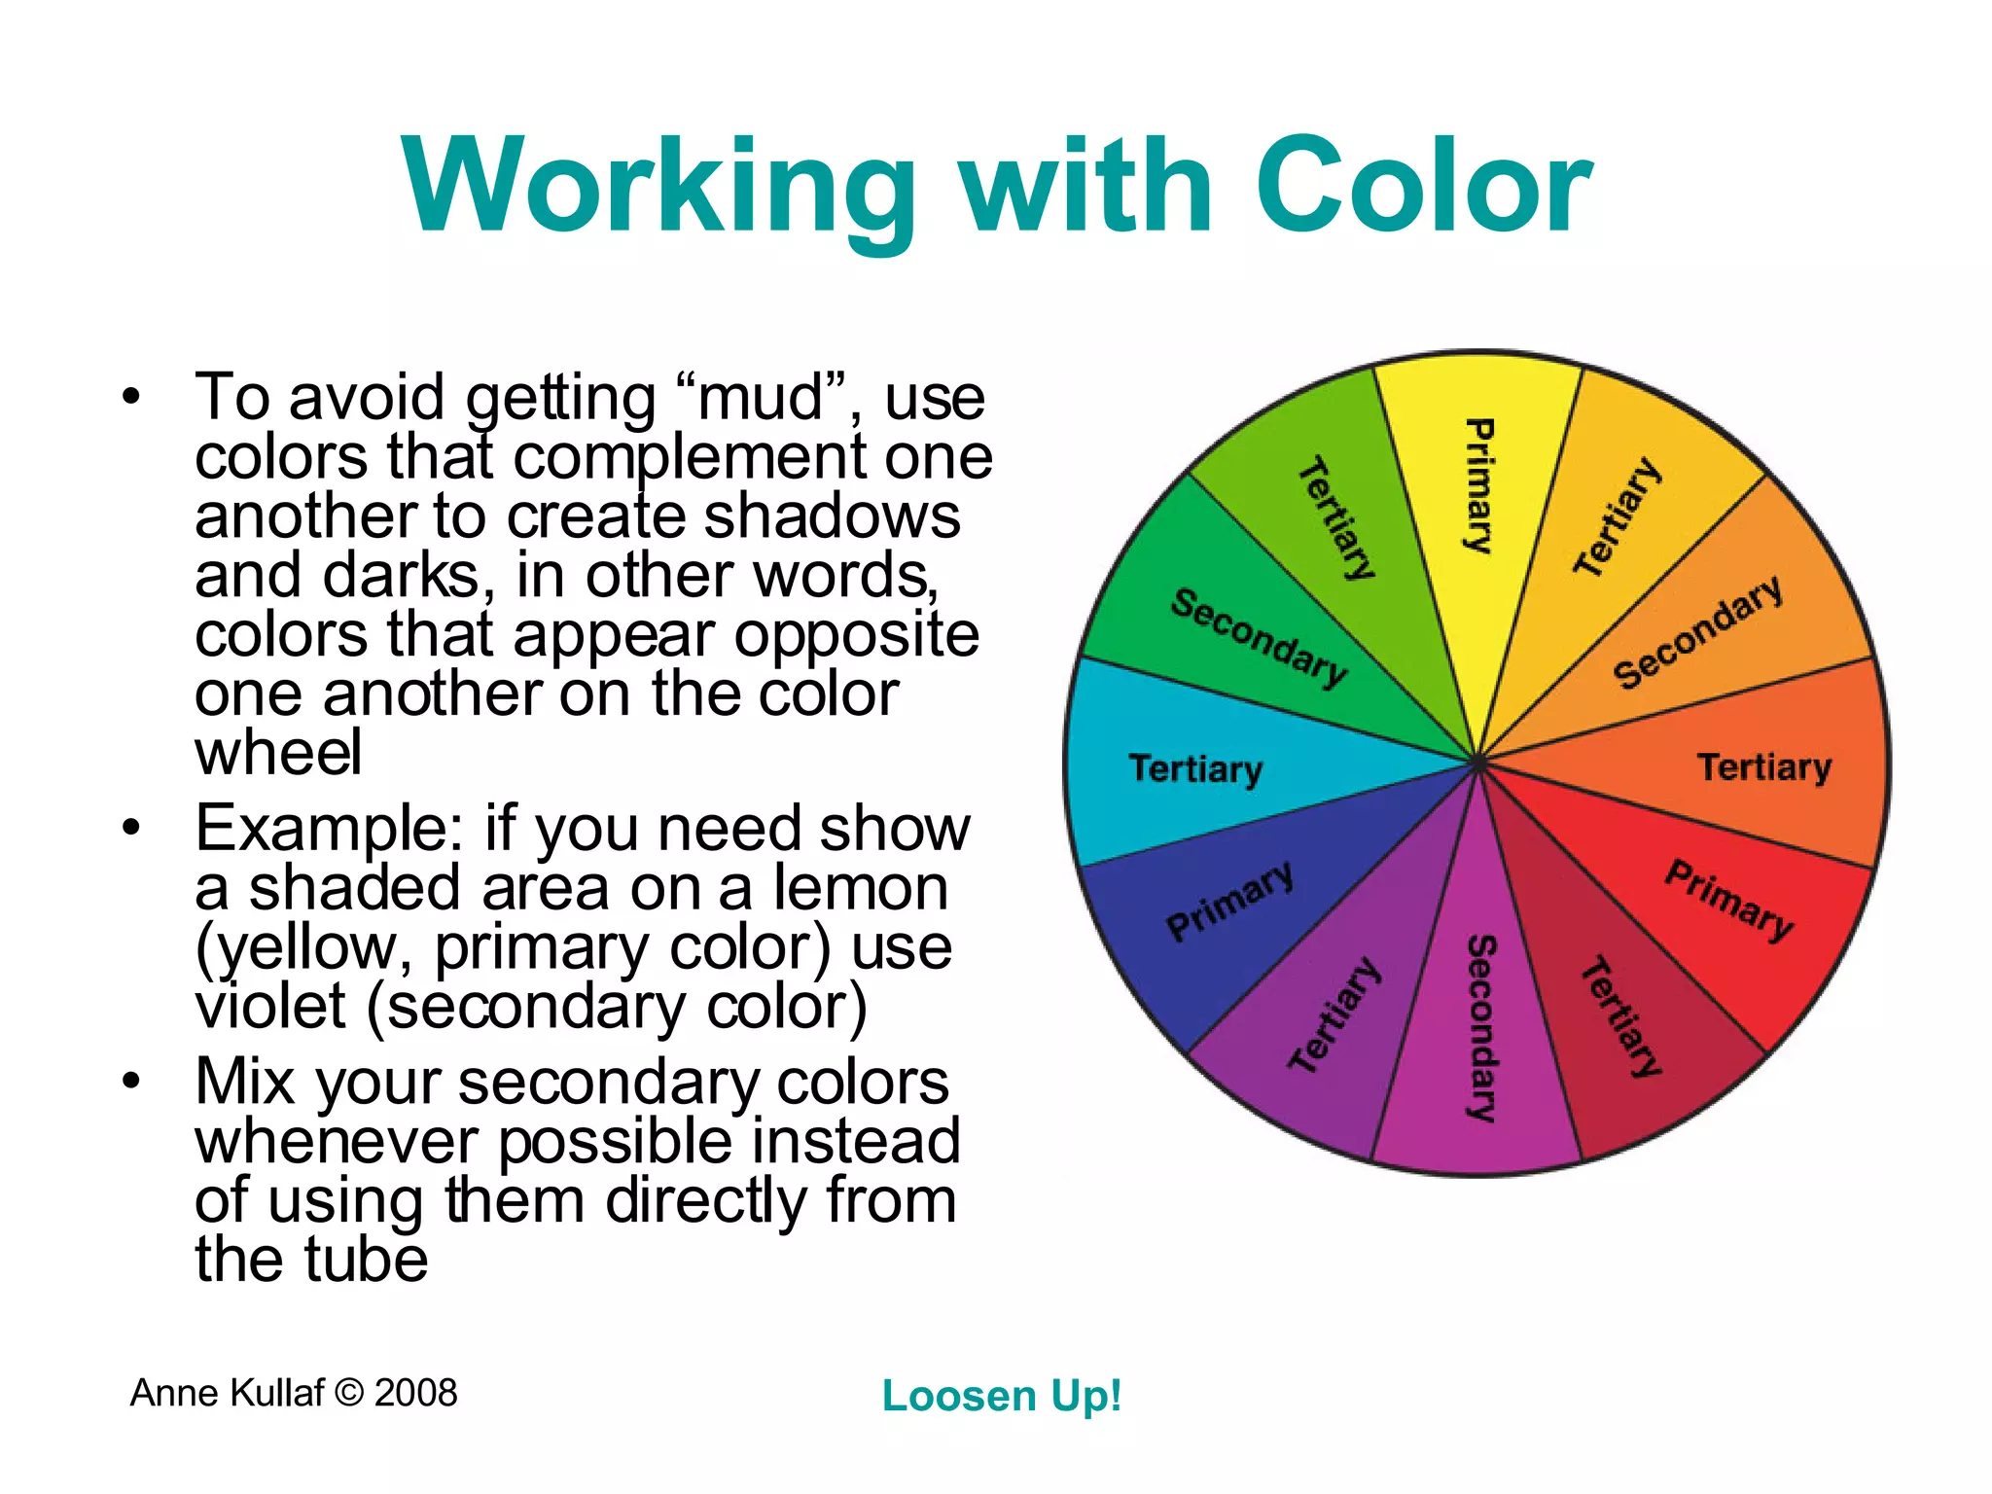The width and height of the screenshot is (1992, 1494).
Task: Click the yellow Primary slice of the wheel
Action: point(1478,486)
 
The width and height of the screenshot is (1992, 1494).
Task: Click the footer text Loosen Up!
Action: point(1002,1396)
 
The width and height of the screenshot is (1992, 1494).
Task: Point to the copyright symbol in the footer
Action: point(348,1393)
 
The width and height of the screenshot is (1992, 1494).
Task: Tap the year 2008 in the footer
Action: point(415,1393)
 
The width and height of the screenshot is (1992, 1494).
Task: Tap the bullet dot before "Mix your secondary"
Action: point(132,1081)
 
